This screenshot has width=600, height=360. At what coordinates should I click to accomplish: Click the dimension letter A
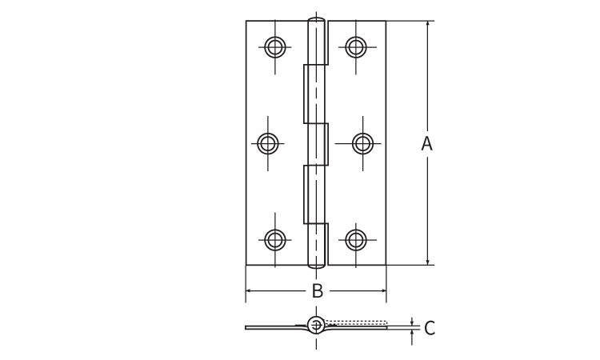pos(426,143)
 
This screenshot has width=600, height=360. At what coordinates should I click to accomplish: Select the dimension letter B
pos(318,290)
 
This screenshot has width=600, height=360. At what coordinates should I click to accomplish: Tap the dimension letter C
pos(430,328)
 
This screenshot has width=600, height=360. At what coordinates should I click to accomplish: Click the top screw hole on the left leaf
pos(274,47)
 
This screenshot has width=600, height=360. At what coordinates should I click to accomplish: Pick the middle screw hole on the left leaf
pos(268,143)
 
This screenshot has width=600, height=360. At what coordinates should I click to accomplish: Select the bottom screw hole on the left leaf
pos(274,240)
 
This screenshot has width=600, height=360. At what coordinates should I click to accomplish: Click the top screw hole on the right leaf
pos(356,47)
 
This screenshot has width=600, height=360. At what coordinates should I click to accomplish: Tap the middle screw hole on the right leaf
pos(362,143)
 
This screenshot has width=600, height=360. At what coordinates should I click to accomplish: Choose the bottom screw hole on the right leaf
pos(356,240)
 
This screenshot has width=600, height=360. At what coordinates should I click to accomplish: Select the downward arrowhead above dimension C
pos(412,323)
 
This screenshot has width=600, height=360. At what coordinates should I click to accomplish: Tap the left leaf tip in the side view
pos(246,327)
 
